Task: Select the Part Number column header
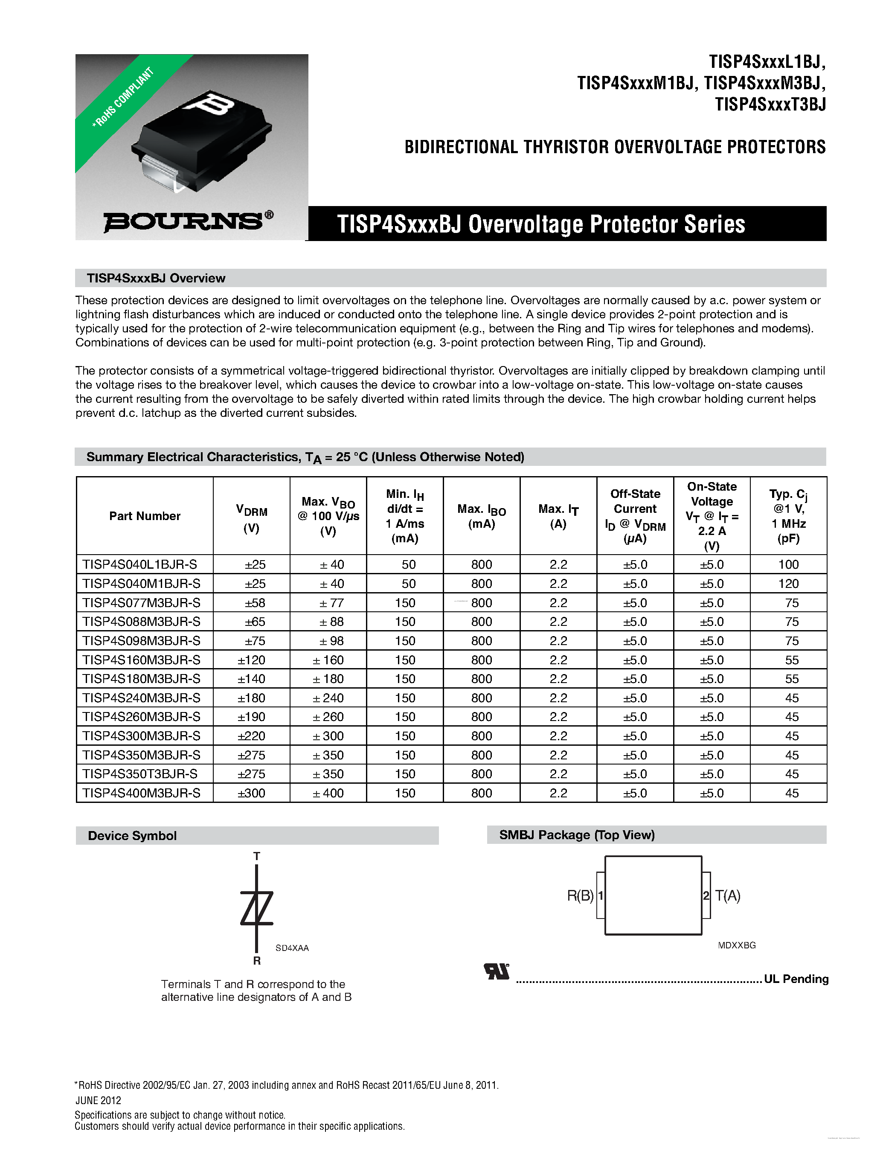145,516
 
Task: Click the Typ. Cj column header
788,516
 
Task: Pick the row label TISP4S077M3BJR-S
141,602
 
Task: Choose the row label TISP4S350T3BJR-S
140,774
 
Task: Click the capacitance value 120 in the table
788,584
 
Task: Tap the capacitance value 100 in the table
788,565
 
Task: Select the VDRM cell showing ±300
251,793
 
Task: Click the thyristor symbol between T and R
256,908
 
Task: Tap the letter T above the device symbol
256,856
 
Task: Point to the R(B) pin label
580,895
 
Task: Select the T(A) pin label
728,895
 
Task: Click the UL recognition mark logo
496,972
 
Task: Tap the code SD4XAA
292,948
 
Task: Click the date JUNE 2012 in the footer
98,1101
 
